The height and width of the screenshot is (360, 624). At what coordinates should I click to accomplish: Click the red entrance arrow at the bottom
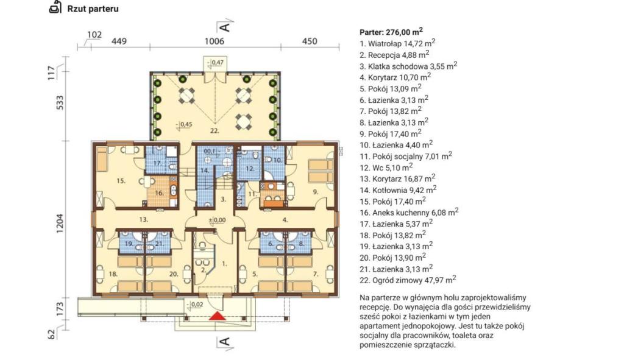[218, 316]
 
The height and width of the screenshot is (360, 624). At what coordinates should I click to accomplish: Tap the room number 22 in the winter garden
[214, 130]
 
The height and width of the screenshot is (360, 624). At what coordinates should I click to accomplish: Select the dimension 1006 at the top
[214, 41]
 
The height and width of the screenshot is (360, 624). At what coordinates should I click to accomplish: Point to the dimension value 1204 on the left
[60, 223]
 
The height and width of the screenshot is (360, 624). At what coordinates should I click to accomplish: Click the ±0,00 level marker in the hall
[218, 220]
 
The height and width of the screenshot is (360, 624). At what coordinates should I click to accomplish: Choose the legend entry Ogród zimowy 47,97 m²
[408, 280]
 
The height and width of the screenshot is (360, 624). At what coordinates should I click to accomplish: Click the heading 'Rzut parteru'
[93, 9]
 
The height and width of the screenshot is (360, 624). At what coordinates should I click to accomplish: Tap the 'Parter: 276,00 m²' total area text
[391, 32]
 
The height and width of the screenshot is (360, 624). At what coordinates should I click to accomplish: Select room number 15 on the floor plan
[121, 181]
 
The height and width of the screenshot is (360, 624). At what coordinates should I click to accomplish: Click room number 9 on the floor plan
[316, 192]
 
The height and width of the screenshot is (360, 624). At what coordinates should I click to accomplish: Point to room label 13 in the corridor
[144, 219]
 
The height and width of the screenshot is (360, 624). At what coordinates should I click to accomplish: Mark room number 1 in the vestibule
[224, 263]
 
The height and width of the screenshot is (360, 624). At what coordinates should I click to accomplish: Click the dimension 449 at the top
[119, 41]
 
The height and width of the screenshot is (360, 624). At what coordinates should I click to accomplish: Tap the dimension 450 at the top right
[310, 41]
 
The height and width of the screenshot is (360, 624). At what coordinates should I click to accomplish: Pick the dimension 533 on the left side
[60, 103]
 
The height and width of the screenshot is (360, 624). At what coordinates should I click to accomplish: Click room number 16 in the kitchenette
[160, 193]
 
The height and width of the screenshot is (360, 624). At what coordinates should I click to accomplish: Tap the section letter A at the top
[225, 27]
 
